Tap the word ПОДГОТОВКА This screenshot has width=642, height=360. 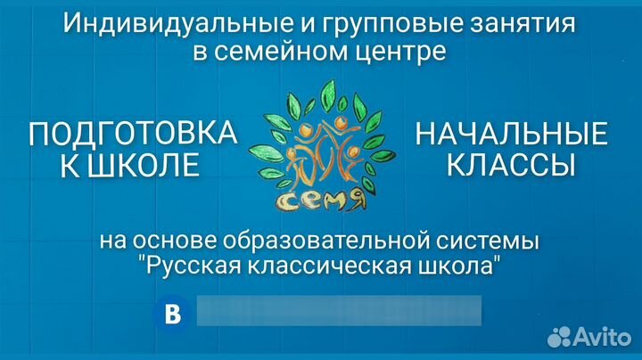coord(133,134)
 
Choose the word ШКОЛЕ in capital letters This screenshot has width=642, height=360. coord(144,165)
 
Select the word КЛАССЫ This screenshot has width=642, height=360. coord(511,165)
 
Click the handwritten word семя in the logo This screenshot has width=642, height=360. coord(320,200)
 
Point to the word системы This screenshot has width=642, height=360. coord(487,241)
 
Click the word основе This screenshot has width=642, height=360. coord(175,241)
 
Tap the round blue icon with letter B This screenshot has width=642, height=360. coord(172,314)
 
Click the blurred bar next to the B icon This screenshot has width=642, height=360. coord(339,311)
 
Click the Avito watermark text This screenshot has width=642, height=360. coord(602,336)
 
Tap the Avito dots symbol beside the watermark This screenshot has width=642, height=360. coord(559,337)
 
